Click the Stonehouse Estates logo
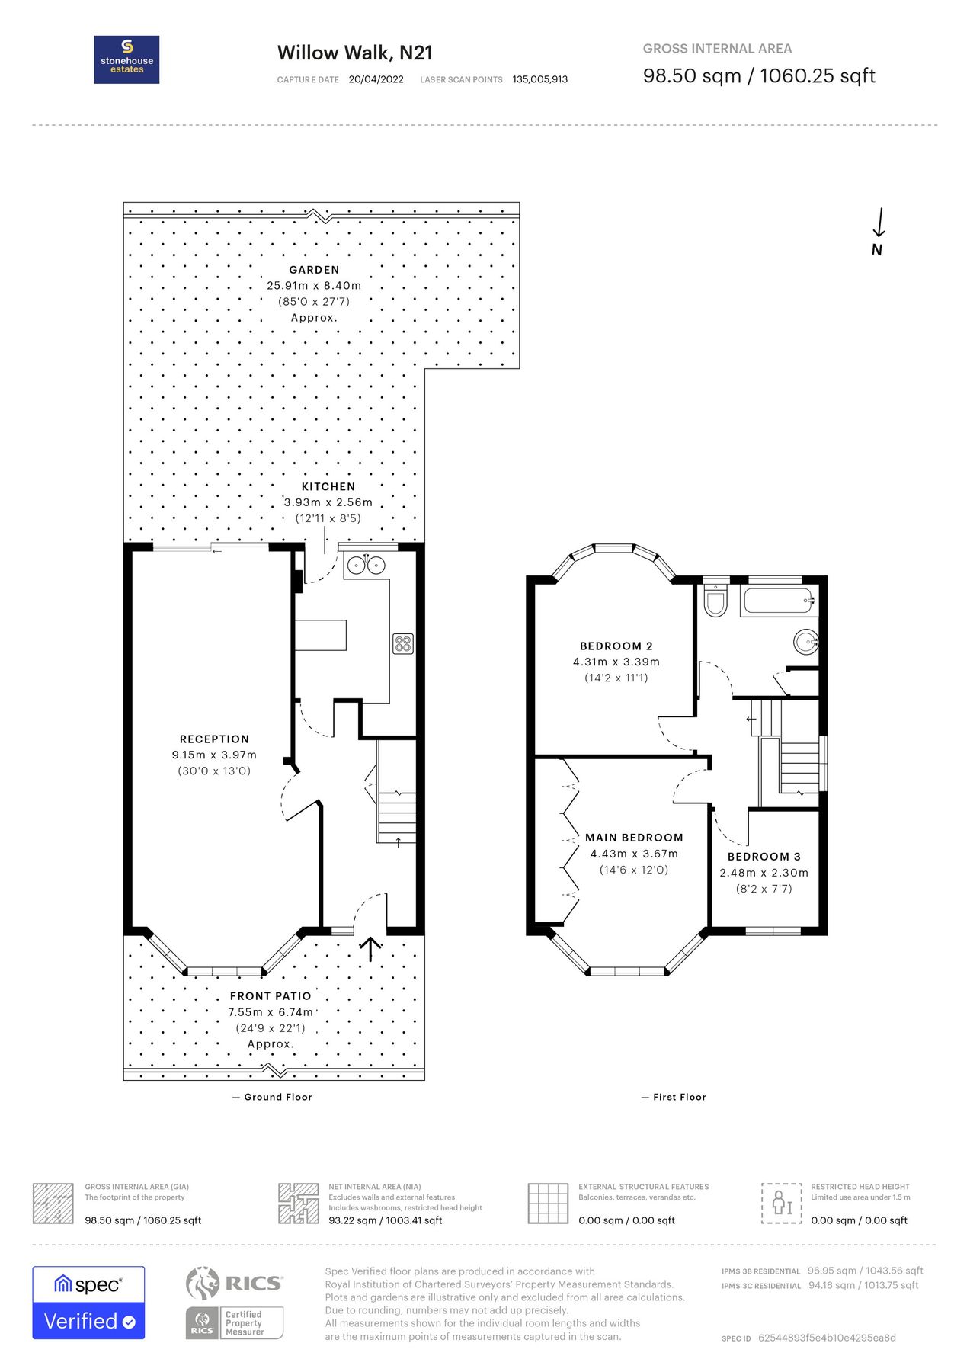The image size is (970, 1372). (126, 59)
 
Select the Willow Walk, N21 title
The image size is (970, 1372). (355, 53)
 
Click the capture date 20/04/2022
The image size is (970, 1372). (376, 79)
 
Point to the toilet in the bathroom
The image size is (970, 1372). (715, 601)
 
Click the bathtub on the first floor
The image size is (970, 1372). (779, 601)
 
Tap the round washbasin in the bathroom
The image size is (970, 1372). (806, 642)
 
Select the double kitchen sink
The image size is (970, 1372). (366, 566)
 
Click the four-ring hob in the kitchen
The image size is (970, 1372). (403, 643)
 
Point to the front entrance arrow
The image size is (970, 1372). (370, 949)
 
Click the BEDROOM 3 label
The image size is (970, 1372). (764, 857)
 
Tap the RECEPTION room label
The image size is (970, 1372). (214, 739)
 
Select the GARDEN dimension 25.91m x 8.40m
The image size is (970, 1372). (314, 286)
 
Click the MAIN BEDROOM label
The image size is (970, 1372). (634, 837)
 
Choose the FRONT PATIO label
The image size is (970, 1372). (271, 996)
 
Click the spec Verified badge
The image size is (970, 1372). (88, 1303)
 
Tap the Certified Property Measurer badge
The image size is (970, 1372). (235, 1322)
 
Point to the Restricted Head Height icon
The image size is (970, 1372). (782, 1204)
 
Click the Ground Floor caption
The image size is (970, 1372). (277, 1097)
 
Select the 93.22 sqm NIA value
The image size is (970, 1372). (385, 1220)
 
